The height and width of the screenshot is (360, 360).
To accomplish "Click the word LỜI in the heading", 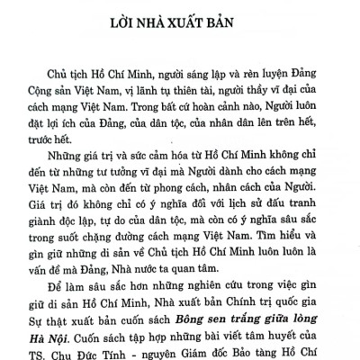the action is coord(129,20).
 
